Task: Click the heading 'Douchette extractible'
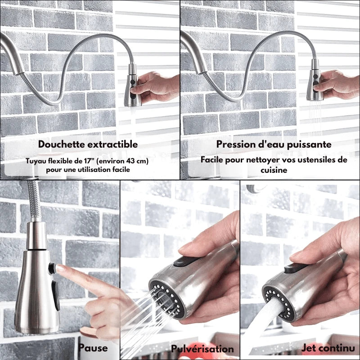pyautogui.click(x=88, y=144)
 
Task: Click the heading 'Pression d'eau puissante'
pyautogui.click(x=274, y=144)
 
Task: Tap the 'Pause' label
pyautogui.click(x=93, y=348)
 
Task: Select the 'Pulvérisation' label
pyautogui.click(x=202, y=349)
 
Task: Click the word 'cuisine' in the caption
pyautogui.click(x=274, y=171)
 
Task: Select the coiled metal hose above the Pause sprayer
pyautogui.click(x=33, y=202)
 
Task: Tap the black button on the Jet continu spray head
pyautogui.click(x=293, y=269)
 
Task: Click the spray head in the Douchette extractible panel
pyautogui.click(x=132, y=85)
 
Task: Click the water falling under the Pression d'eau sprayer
pyautogui.click(x=315, y=119)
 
